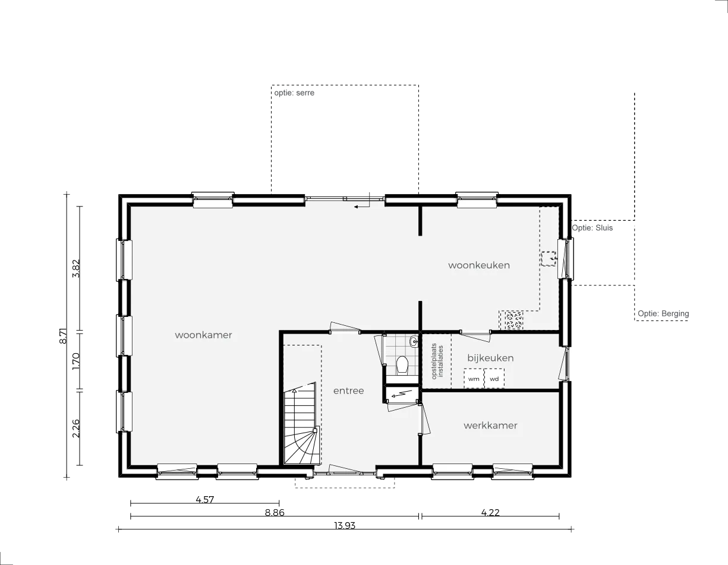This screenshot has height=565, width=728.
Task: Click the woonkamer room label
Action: (x=203, y=335)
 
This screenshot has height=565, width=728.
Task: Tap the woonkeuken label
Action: (x=479, y=265)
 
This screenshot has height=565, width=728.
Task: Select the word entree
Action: (x=348, y=391)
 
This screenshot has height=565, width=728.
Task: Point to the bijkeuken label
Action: (x=490, y=358)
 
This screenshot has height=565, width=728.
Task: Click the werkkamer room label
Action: (x=490, y=426)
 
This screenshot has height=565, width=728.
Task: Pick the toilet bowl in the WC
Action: (x=402, y=365)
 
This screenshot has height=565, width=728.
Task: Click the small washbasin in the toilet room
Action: (x=414, y=342)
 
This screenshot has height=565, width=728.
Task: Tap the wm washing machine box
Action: (x=474, y=379)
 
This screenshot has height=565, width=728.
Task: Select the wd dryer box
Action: (x=494, y=379)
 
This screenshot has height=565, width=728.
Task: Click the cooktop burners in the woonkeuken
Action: (x=513, y=320)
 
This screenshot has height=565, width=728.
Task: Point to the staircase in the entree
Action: (x=300, y=424)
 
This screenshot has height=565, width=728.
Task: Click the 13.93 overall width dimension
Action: (x=345, y=525)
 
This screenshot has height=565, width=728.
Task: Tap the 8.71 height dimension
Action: (x=64, y=335)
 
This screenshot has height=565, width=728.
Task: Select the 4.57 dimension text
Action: (x=204, y=500)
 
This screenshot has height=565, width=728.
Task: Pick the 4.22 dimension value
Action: (x=490, y=513)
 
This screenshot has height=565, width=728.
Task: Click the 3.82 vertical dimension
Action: (x=76, y=268)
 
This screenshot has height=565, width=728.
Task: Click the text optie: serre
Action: (x=294, y=93)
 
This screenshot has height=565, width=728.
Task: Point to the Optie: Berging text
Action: (x=663, y=314)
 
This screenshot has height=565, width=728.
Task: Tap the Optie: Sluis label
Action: (x=593, y=228)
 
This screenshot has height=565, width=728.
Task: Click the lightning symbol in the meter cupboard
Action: (x=401, y=394)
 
